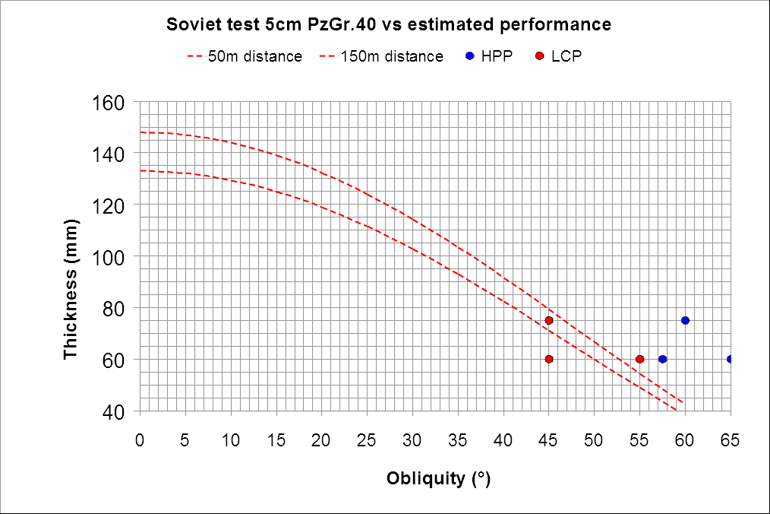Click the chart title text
[389, 24]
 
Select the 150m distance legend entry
[380, 56]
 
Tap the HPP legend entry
[491, 56]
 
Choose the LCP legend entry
[559, 56]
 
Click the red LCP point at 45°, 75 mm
[549, 320]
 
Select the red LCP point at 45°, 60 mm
[549, 359]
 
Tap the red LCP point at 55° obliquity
[639, 359]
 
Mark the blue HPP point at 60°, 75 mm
[685, 320]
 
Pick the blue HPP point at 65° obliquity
[731, 359]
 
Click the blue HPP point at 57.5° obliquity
[662, 359]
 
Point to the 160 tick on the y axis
[112, 101]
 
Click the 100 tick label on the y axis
[112, 256]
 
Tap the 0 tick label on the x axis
[140, 439]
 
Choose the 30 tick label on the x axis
[412, 439]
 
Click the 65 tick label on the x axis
[731, 439]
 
